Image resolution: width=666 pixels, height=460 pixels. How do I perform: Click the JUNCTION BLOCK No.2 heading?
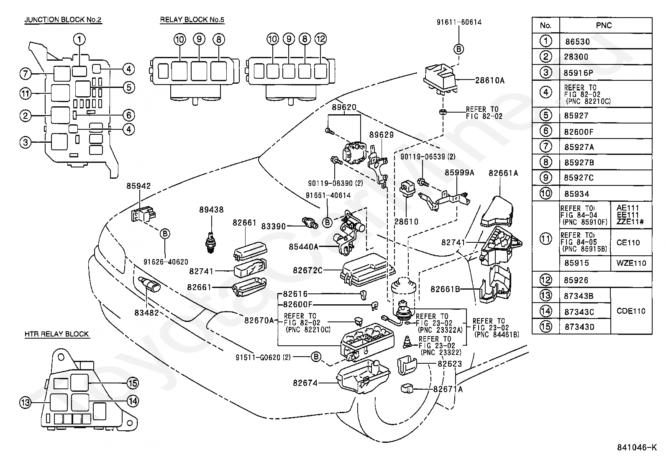click(x=63, y=20)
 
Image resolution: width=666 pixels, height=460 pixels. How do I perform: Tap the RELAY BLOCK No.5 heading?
click(x=192, y=20)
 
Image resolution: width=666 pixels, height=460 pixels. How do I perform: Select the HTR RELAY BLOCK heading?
click(x=57, y=334)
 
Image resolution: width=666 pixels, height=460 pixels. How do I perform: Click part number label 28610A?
click(x=490, y=80)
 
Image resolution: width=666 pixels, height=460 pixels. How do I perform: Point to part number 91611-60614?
click(x=459, y=22)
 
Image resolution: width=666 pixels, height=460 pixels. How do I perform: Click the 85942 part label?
click(x=138, y=186)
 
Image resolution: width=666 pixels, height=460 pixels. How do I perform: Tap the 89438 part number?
click(x=211, y=210)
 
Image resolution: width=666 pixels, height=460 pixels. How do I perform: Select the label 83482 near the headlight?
click(x=146, y=313)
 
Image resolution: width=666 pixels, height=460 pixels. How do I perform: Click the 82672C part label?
click(x=308, y=270)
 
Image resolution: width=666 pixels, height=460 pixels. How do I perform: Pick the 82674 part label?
click(x=305, y=383)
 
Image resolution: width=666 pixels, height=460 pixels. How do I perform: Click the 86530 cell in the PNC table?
click(x=577, y=42)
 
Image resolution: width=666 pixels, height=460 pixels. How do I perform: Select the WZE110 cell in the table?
click(x=631, y=263)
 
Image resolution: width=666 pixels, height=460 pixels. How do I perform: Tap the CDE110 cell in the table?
click(x=631, y=311)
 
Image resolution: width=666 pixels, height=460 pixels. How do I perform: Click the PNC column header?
click(x=604, y=26)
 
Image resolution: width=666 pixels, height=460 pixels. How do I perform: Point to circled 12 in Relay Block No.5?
click(x=320, y=39)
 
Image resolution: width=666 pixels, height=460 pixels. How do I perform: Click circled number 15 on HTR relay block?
click(x=133, y=383)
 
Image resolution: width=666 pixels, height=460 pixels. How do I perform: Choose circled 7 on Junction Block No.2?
click(x=25, y=74)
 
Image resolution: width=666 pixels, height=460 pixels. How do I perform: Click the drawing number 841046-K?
click(x=637, y=447)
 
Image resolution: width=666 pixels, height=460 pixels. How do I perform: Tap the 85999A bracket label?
click(x=459, y=173)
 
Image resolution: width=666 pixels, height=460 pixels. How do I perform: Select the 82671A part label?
click(x=448, y=390)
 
